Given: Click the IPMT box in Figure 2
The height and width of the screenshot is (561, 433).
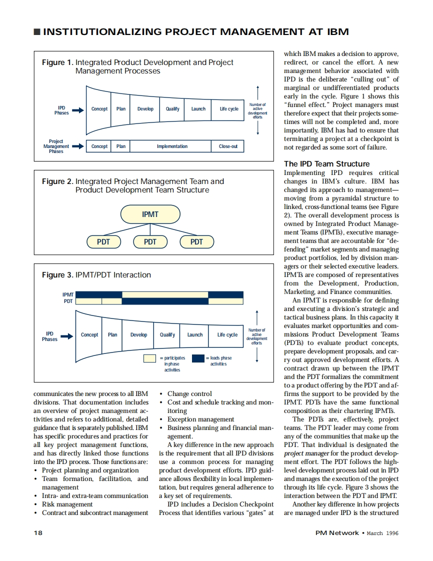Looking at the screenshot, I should [x=150, y=214].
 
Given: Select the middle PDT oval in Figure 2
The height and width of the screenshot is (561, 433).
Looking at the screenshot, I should [x=150, y=242].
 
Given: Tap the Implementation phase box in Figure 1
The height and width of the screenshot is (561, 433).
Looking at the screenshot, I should [x=172, y=146].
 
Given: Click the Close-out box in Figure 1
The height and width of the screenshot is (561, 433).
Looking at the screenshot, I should [x=228, y=146].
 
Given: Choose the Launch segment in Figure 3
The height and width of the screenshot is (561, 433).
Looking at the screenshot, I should [x=195, y=334].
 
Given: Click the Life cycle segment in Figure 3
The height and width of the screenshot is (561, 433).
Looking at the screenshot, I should [x=227, y=334].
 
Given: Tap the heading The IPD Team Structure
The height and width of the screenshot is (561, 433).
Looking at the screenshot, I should [x=327, y=164].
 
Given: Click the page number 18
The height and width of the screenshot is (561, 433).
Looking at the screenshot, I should [x=38, y=532].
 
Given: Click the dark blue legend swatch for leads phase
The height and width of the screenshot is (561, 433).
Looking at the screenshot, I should [x=198, y=358].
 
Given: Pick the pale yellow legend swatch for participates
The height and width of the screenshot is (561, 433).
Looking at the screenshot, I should [x=149, y=358].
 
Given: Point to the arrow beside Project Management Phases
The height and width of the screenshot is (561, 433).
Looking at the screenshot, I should [x=78, y=146].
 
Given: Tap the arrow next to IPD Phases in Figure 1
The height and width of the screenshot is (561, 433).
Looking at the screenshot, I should [x=78, y=109].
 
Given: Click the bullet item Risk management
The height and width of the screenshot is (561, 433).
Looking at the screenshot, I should [x=67, y=504].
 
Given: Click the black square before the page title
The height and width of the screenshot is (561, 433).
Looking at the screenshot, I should [x=37, y=32].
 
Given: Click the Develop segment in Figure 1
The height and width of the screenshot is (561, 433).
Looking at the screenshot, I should [x=145, y=109].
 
